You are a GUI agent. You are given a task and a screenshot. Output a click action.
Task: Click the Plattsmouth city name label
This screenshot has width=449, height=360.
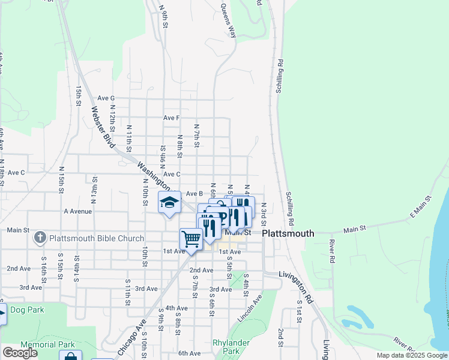[288, 233]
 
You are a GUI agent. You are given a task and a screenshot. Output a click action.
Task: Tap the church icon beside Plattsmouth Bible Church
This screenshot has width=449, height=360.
[40, 238]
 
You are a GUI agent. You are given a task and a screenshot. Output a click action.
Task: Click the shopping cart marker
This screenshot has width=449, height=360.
[191, 239]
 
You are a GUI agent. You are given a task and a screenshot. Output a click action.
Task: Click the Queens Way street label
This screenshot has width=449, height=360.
[229, 21]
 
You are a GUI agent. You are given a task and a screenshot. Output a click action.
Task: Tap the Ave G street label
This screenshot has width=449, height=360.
[106, 98]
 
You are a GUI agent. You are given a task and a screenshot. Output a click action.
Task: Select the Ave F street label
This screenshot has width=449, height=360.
[172, 118]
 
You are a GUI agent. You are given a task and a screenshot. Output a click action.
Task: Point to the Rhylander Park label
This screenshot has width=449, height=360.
[226, 347]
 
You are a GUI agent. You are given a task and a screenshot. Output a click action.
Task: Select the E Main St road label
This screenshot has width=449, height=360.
[420, 206]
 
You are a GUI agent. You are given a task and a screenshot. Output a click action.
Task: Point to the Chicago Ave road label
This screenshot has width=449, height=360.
[140, 326]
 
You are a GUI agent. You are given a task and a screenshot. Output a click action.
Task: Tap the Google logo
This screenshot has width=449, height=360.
[20, 353]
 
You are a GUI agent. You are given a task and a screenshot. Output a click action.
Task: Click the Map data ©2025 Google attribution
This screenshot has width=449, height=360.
[411, 355]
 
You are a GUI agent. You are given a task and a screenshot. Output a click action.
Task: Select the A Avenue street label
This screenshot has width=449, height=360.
[77, 211]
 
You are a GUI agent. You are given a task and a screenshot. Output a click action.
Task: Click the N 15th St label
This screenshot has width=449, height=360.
[61, 181]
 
